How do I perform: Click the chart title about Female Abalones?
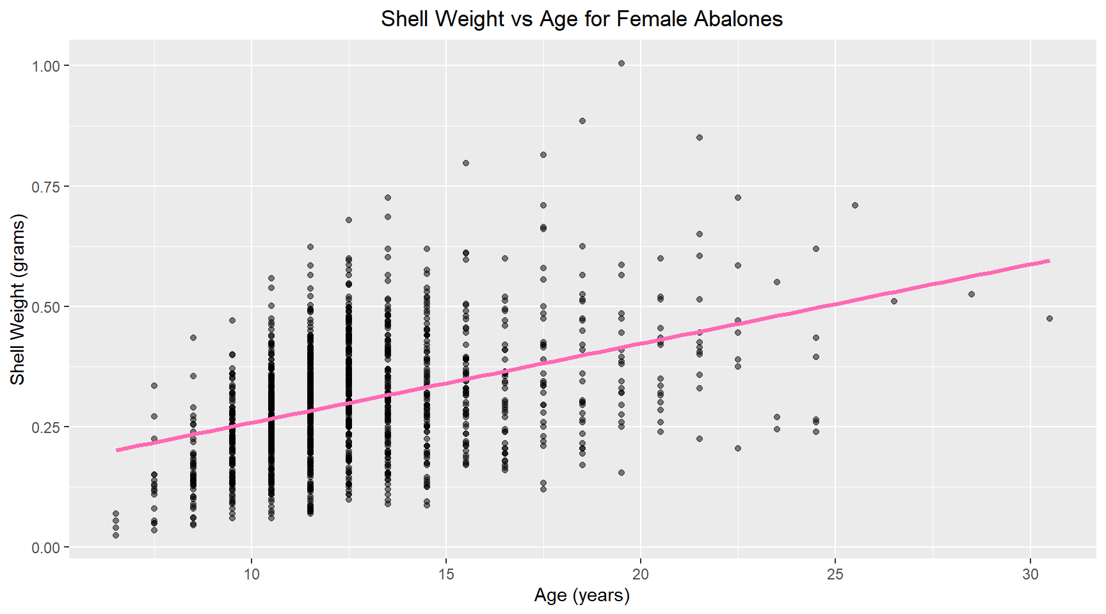tap(581, 19)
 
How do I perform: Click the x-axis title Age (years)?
tap(581, 595)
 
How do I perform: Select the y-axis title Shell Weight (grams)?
tap(17, 299)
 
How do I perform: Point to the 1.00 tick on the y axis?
tap(45, 66)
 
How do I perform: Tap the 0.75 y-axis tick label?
tap(45, 186)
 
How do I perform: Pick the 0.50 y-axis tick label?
tap(45, 307)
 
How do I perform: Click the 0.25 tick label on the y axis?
tap(45, 427)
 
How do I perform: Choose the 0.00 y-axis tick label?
tap(45, 547)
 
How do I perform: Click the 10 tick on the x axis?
tap(252, 574)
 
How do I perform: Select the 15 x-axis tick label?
tap(446, 574)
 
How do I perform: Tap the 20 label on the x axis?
tap(641, 574)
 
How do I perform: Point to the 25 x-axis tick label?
tap(835, 574)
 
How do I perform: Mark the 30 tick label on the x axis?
tap(1030, 574)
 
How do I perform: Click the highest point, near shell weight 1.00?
tap(621, 63)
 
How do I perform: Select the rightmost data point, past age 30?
tap(1050, 319)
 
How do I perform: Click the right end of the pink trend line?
tap(1048, 261)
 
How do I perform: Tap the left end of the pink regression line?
tap(117, 450)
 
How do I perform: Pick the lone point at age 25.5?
tap(855, 205)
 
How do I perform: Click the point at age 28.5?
tap(972, 294)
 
